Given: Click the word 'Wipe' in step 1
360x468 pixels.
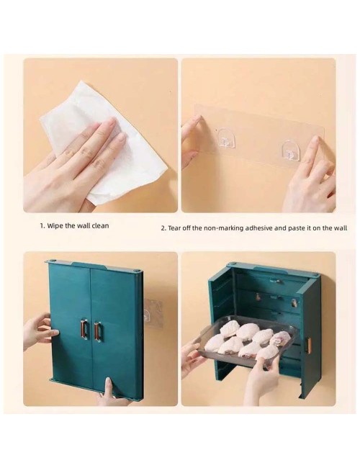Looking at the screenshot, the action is coord(55,225).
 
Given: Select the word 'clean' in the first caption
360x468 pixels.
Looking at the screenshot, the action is coord(100,225).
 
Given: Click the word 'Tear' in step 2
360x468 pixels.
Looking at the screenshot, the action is coord(174,228).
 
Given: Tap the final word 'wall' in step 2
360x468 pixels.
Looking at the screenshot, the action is coord(341,228).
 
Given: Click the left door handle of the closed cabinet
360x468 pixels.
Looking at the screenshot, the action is coord(84,329).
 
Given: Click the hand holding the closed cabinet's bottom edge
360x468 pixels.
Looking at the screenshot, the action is coord(112,391).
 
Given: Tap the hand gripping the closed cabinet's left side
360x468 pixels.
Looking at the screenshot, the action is coord(39,330).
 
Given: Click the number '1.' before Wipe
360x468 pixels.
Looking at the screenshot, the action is coord(42,226).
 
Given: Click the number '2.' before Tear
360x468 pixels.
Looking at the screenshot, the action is coord(163,229).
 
